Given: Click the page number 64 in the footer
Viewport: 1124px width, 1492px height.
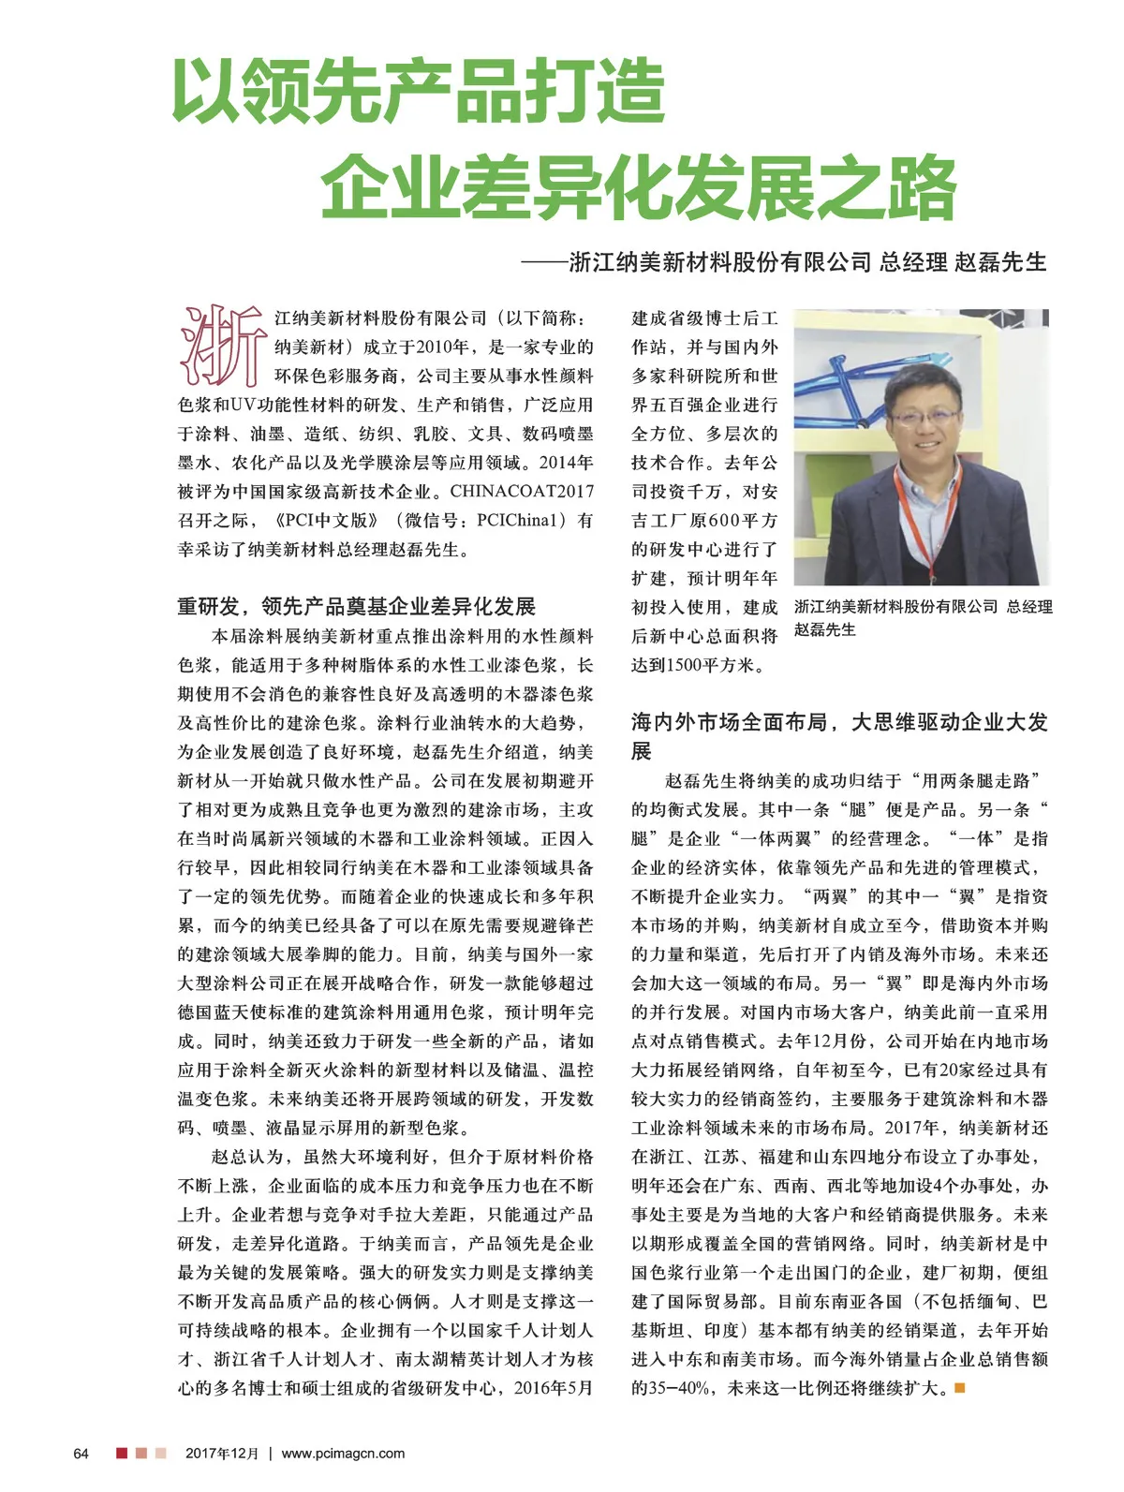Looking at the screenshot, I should tap(81, 1453).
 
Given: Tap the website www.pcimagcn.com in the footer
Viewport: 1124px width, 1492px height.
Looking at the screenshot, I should tap(343, 1453).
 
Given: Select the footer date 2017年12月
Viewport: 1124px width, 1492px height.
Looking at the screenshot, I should tap(221, 1453).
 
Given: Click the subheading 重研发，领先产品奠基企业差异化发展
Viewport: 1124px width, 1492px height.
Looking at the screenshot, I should tap(356, 606).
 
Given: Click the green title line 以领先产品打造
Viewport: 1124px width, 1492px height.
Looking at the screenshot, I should tap(419, 91).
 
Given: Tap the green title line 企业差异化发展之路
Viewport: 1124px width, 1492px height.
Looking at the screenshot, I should tap(638, 186).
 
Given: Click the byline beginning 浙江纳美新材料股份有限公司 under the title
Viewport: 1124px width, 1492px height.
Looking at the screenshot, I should tap(807, 262).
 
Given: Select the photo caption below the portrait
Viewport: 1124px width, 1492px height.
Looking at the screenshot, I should tap(923, 617).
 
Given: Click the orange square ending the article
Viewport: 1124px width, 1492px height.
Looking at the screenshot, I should tap(959, 1387).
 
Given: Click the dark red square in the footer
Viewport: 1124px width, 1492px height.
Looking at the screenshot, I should tap(122, 1453).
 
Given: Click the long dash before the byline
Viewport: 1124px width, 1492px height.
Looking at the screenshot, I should tap(544, 263).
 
